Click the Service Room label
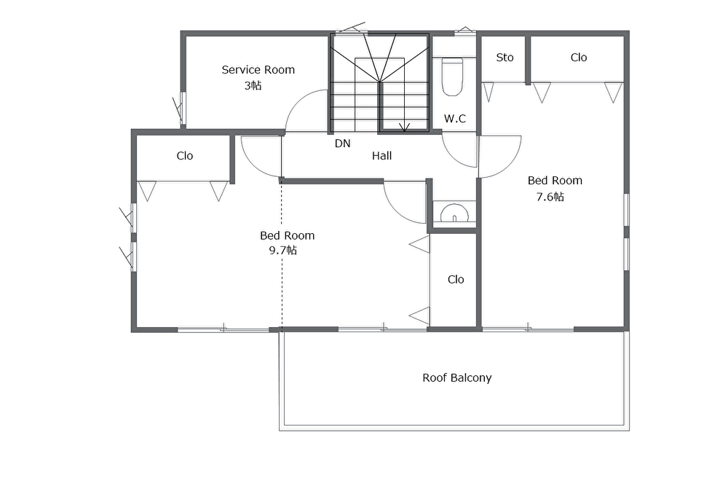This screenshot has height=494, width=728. (258, 70)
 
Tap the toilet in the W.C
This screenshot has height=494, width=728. (452, 77)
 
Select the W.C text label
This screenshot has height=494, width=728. (454, 119)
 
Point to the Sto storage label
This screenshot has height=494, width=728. (505, 58)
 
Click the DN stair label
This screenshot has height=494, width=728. (343, 144)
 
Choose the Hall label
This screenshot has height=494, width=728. (381, 156)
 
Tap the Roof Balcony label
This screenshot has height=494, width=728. (457, 378)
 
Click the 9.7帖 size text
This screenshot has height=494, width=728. (283, 251)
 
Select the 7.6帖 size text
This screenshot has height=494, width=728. (550, 197)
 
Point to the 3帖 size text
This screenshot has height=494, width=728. (253, 85)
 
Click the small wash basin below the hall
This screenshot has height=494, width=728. (454, 213)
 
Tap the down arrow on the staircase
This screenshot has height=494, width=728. (404, 126)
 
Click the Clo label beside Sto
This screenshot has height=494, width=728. (579, 58)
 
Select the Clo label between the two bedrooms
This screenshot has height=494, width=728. (456, 279)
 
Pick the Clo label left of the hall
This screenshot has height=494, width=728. (184, 156)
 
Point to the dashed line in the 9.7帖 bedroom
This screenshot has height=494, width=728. (281, 255)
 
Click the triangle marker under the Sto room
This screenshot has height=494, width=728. (488, 92)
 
